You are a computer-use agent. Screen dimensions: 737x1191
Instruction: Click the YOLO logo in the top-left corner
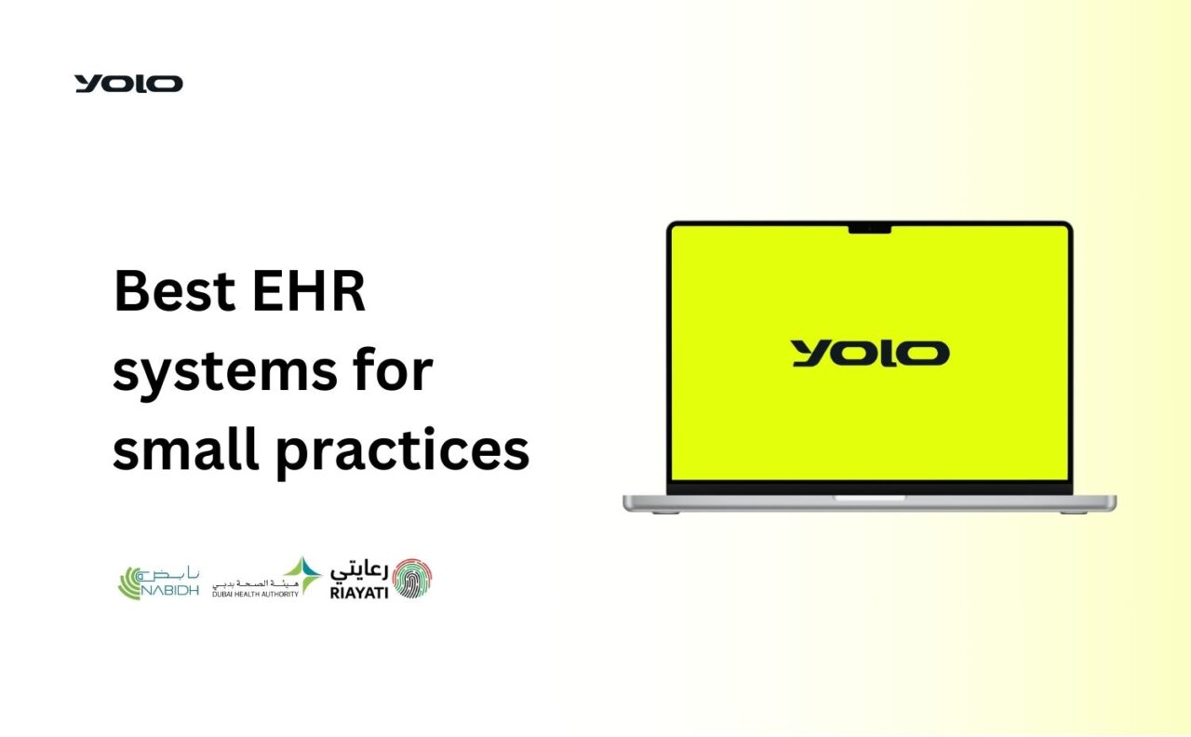[x=128, y=84]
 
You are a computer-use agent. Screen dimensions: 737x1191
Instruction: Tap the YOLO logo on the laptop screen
[x=870, y=354]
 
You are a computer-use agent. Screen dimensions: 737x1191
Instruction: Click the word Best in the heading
[x=174, y=291]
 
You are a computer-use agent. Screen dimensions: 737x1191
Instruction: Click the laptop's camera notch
[x=870, y=228]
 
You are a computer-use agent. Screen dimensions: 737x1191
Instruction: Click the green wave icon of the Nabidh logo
[x=130, y=583]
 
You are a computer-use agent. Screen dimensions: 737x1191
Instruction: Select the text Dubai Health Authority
[x=255, y=593]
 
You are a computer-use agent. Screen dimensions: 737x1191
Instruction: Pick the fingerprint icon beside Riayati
[x=412, y=578]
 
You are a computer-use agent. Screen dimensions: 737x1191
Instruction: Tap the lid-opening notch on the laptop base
[x=869, y=498]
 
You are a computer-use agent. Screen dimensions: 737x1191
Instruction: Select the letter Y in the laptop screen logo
[x=810, y=354]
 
